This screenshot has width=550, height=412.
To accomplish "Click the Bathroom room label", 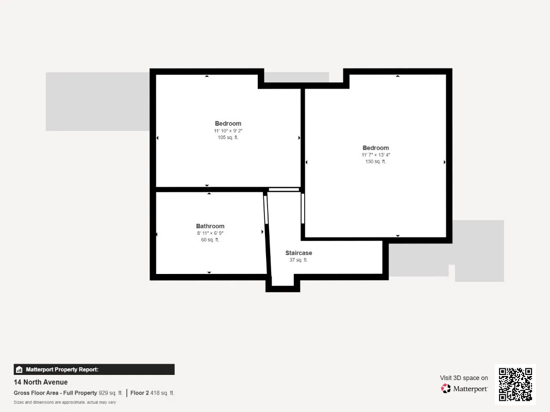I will [x=210, y=226].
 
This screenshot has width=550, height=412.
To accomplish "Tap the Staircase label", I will [x=298, y=253].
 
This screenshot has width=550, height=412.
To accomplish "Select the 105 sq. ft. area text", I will [x=228, y=138].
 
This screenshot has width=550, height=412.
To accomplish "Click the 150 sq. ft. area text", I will [x=375, y=162].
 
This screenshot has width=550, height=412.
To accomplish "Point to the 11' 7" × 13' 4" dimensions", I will [x=375, y=155].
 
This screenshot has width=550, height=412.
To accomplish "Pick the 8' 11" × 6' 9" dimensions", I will [x=210, y=233].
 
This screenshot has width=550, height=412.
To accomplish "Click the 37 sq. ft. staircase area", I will [x=298, y=260].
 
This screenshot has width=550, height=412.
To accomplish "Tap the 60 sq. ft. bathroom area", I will [x=210, y=240].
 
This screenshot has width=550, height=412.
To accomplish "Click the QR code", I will [x=515, y=384].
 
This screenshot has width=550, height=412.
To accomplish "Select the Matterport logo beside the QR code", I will [x=464, y=389].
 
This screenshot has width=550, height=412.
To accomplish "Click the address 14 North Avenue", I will [x=41, y=382].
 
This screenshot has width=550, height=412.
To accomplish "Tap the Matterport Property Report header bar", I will [x=94, y=369].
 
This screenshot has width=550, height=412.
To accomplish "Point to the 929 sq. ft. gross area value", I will [x=111, y=393].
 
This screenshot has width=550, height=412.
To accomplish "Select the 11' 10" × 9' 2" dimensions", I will [x=228, y=131].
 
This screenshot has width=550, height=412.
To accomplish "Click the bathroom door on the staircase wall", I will [x=266, y=210].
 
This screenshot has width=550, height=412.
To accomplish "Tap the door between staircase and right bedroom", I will [x=303, y=209].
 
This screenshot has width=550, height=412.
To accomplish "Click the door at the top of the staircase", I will [x=284, y=190].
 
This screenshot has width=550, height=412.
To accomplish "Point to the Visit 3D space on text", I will [x=464, y=378].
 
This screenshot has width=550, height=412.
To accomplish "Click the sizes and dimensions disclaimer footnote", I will [x=64, y=402].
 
